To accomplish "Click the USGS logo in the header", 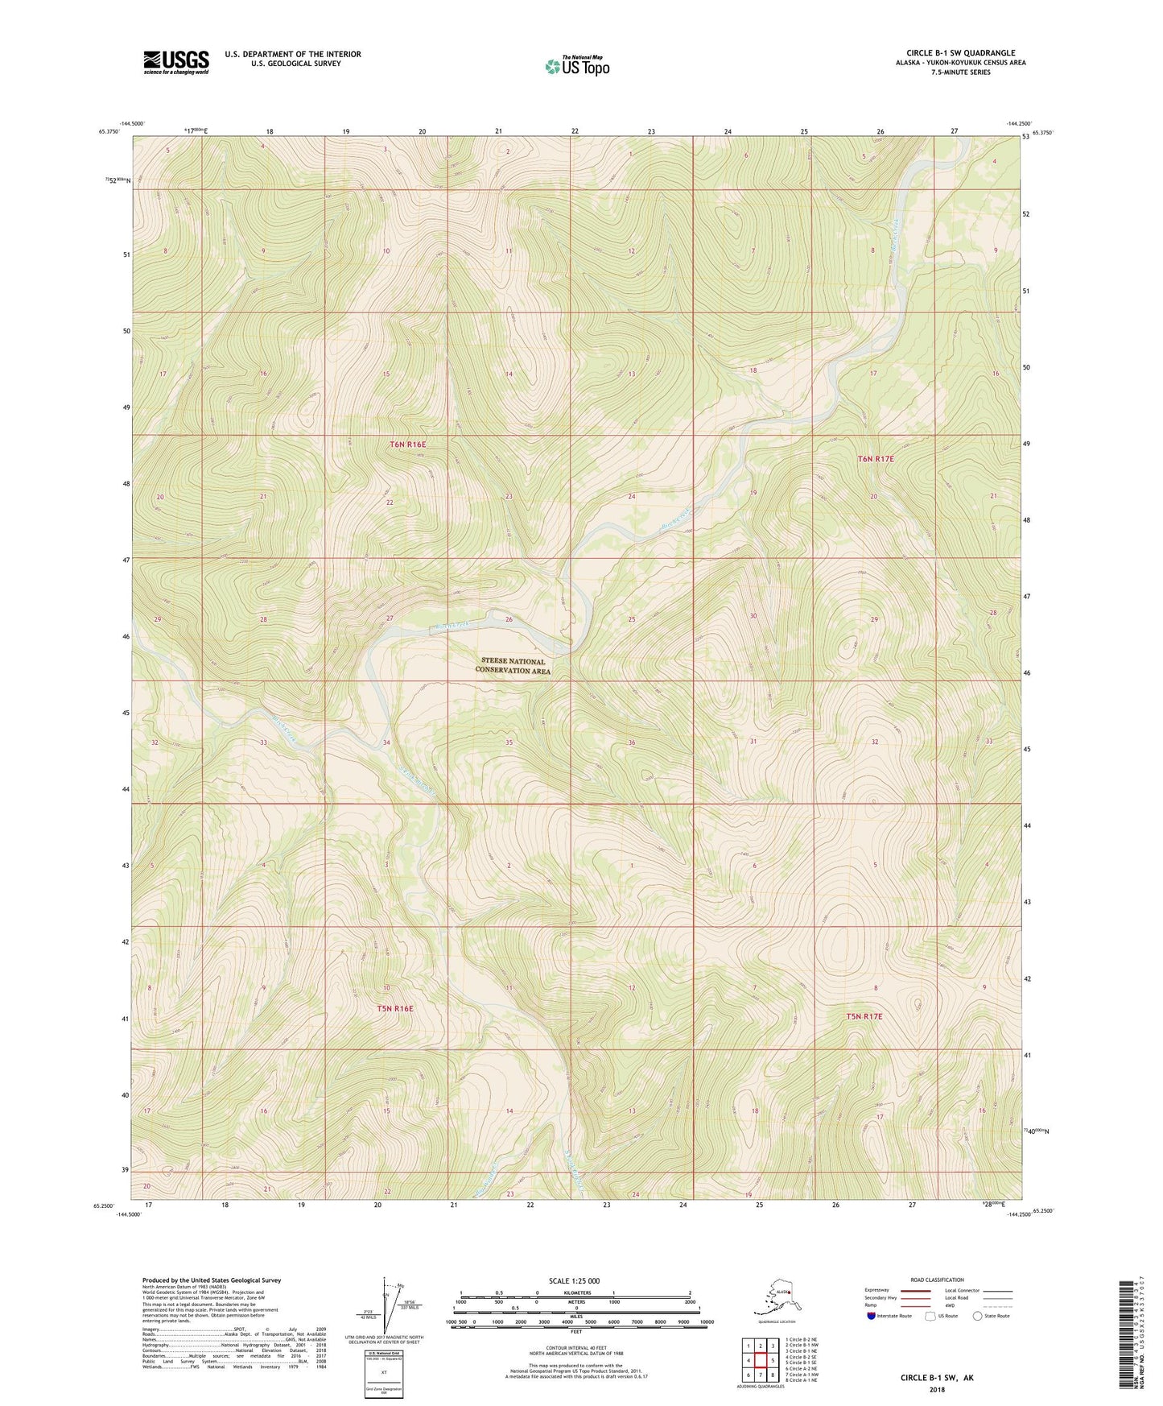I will (x=176, y=62).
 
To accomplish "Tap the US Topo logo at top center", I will (x=576, y=65).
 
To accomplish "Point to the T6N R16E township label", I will (x=407, y=445).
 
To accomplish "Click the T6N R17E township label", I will (x=876, y=458).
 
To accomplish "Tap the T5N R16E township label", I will (x=394, y=1008).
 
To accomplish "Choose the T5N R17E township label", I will (x=864, y=1016).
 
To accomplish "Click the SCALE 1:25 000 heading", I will (x=575, y=1280).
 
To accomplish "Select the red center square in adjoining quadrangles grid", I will (x=760, y=1360).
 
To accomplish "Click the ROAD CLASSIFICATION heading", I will (x=937, y=1280).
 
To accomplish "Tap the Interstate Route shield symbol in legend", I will (x=872, y=1316).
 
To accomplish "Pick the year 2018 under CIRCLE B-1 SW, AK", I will (x=937, y=1389).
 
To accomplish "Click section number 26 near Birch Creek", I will (x=509, y=619).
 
